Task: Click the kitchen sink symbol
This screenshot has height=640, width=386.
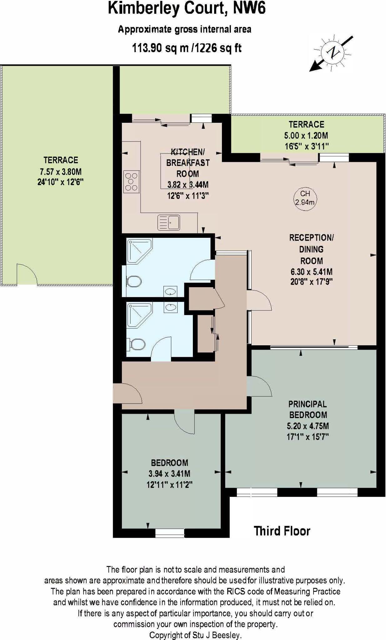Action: point(169,222)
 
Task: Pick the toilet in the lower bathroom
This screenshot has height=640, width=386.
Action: point(137,345)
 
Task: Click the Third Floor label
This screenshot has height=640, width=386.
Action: point(282,531)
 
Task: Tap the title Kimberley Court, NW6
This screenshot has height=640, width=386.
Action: point(187,8)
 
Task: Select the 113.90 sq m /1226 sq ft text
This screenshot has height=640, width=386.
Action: point(187,48)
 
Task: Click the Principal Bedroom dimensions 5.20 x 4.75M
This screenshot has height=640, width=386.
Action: point(308,426)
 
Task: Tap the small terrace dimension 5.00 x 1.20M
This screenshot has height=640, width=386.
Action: point(306,136)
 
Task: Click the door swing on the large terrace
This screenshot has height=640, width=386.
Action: point(27,275)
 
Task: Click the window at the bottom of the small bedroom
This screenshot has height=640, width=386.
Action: point(169,533)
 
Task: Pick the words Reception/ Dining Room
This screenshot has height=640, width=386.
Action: point(311,249)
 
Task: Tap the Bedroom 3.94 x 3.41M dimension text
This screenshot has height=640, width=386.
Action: point(169,474)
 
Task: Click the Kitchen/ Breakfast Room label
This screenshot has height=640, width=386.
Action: point(188,163)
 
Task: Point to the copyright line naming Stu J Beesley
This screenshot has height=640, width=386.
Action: point(195,635)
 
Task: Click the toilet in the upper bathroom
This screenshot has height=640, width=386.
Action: point(134,281)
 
